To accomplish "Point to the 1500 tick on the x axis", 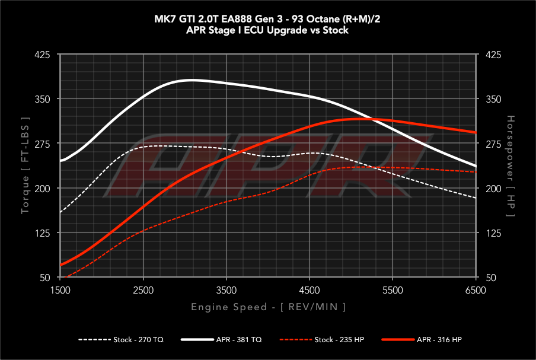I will [60, 290].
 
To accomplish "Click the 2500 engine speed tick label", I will [143, 290].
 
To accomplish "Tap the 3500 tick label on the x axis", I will [226, 290].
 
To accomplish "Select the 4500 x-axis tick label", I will [310, 290].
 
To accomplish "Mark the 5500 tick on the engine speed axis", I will [393, 290].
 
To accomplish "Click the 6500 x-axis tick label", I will [476, 290].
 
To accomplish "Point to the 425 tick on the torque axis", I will [49, 55].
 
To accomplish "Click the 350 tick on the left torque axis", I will [49, 99].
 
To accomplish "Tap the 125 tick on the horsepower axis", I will [493, 233].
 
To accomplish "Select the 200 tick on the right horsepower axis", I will [493, 189].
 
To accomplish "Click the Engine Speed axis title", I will [268, 307].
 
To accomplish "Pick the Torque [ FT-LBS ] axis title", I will [25, 166].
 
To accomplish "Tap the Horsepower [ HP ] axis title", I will [510, 166].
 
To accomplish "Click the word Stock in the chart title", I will [336, 30].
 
